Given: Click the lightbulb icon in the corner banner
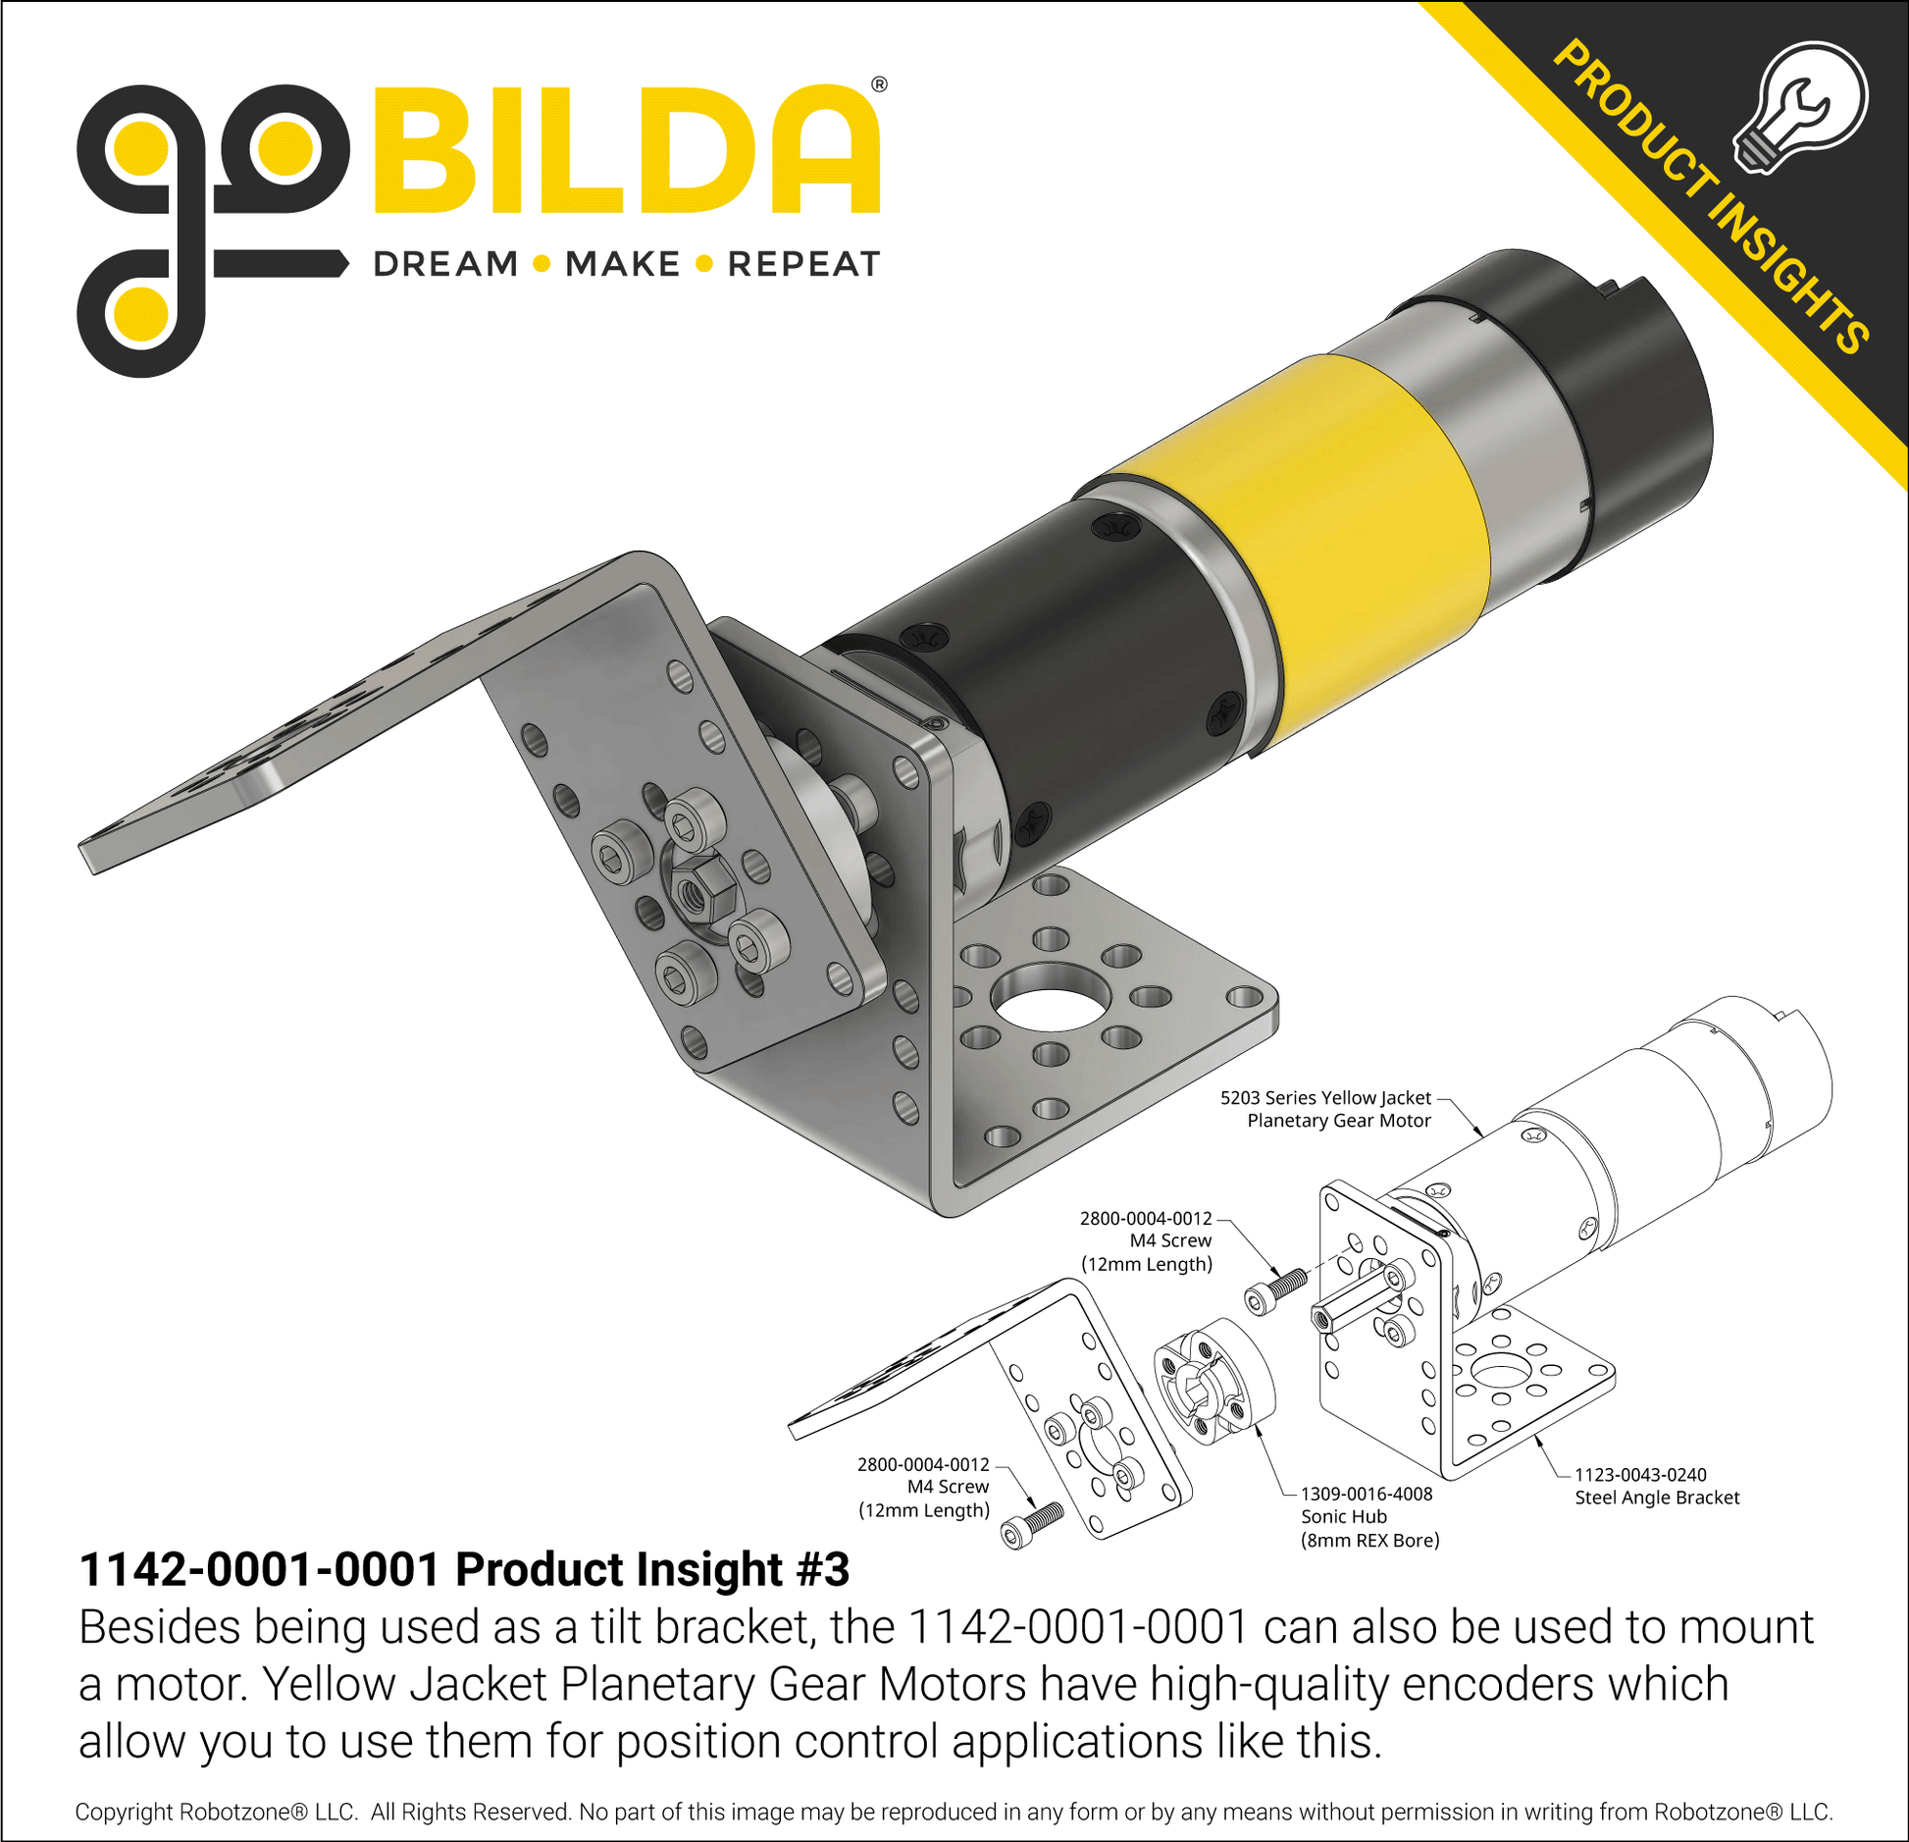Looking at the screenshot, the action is click(x=1800, y=106).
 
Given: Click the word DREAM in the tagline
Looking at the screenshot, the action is click(x=445, y=264).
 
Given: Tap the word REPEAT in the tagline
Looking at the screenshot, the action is click(x=803, y=264).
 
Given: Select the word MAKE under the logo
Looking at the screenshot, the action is click(x=622, y=264).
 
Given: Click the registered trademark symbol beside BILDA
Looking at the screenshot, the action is click(x=879, y=84).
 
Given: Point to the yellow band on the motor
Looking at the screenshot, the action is click(x=1305, y=550).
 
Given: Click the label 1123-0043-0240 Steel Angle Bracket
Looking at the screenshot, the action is click(x=1656, y=1486).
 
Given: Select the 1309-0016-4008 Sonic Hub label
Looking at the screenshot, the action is click(x=1369, y=1516).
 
